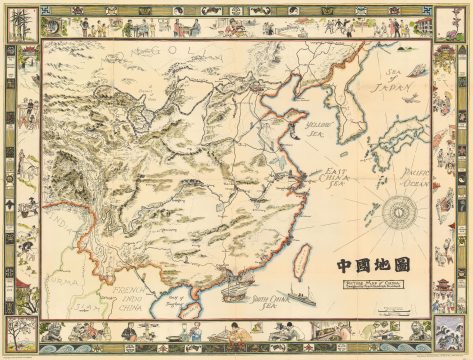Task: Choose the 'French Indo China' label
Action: click(x=128, y=301)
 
